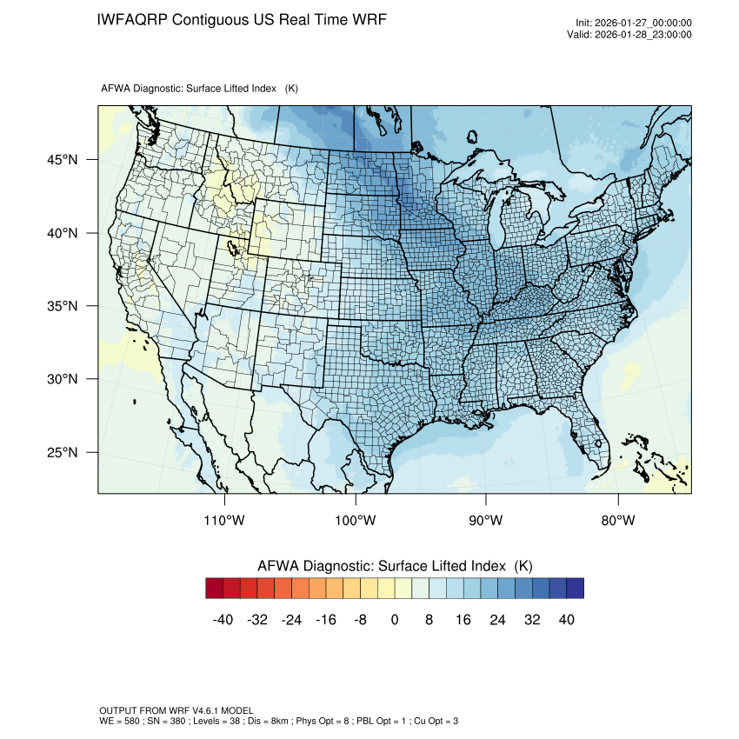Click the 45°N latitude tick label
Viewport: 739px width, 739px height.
click(x=62, y=160)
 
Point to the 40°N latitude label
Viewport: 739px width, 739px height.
click(x=62, y=233)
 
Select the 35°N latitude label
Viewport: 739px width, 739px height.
click(x=62, y=306)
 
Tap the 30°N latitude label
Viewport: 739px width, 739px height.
click(x=62, y=379)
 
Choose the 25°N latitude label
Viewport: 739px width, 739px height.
click(x=62, y=452)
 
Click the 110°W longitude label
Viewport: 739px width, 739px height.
click(x=225, y=521)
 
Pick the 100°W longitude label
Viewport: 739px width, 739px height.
click(x=356, y=521)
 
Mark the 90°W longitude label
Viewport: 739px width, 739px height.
click(x=486, y=521)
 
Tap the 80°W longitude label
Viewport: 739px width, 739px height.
click(x=617, y=521)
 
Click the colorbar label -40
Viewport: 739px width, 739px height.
click(x=223, y=619)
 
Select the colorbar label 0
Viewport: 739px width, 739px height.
click(x=395, y=619)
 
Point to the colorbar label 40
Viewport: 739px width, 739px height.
click(x=566, y=619)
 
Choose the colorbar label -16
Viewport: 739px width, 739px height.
click(x=326, y=619)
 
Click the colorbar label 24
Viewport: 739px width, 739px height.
click(x=497, y=619)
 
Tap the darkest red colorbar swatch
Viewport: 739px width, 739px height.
click(x=215, y=589)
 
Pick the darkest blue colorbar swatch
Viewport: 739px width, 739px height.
click(x=575, y=589)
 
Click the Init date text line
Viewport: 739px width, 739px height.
click(x=634, y=23)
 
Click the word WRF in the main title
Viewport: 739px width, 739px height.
click(x=368, y=19)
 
